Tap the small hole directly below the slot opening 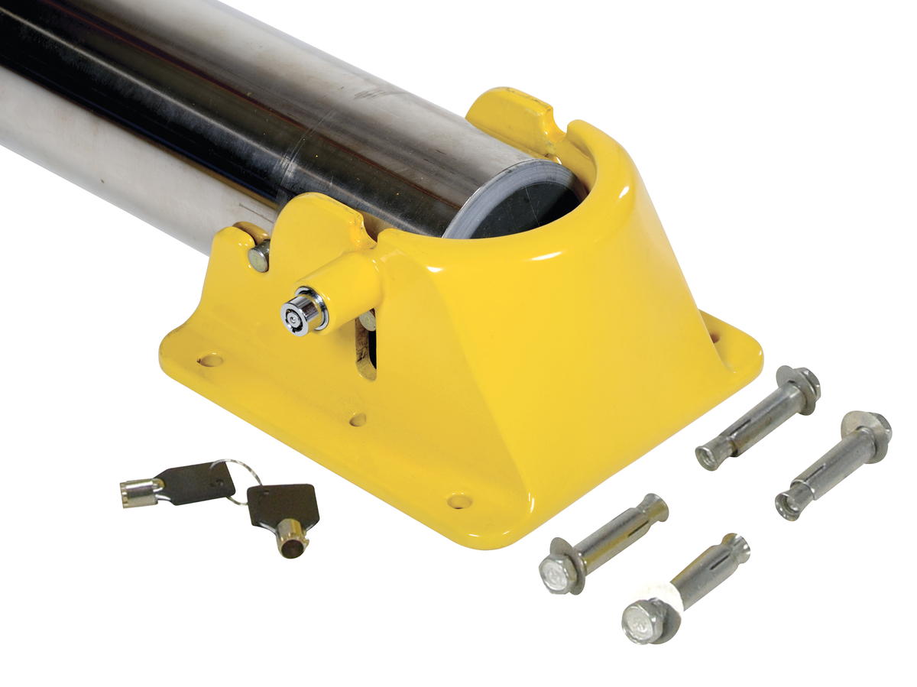(358, 420)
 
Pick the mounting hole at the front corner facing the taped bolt (458, 501)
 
